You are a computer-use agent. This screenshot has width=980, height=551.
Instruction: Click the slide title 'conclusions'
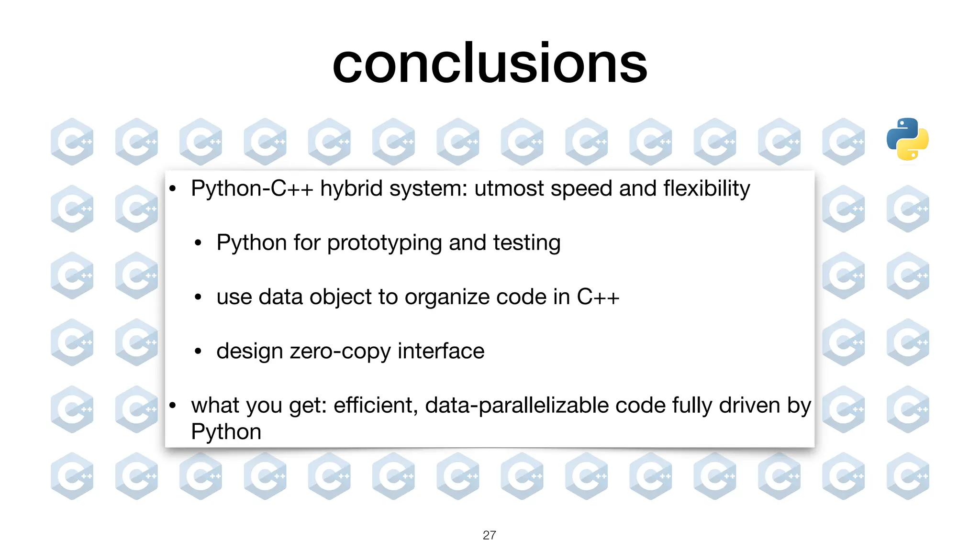point(490,64)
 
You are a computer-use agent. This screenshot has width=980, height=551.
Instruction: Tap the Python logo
point(907,139)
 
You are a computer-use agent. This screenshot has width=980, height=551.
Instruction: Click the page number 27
point(489,535)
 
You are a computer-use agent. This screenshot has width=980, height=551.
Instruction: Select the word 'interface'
point(441,351)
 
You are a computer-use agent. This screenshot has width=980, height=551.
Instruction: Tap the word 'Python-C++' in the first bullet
point(252,188)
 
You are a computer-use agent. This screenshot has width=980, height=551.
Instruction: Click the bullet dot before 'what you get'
point(173,406)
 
